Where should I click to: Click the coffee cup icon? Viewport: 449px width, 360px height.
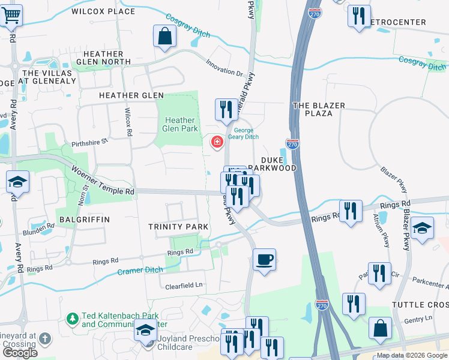pos(264,260)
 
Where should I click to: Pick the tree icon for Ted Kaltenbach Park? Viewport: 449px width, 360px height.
pos(72,318)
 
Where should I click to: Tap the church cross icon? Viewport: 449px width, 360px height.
pos(44,340)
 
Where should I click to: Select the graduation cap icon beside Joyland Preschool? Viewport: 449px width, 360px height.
pos(145,331)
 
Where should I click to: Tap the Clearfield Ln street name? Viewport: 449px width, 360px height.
pos(185,286)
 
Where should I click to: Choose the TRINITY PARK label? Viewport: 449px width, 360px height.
pos(178,226)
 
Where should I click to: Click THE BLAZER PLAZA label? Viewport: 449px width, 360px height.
pos(318,109)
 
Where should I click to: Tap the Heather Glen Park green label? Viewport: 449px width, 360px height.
pos(180,124)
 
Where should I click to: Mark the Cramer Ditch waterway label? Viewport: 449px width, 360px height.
pos(141,270)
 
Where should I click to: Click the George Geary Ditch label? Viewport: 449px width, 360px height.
pos(246,133)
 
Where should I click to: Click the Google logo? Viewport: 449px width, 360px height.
pos(20,353)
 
